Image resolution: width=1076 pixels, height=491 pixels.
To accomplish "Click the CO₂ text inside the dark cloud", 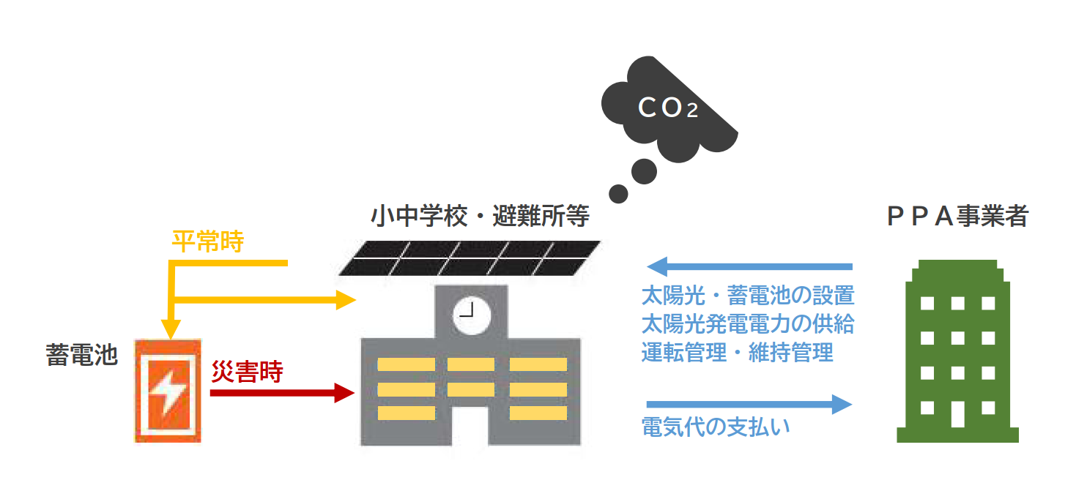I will (667, 108).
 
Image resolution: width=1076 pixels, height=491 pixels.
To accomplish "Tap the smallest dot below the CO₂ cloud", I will (618, 194).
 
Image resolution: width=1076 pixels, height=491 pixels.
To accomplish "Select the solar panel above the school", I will (469, 258).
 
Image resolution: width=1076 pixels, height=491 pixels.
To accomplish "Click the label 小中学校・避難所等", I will (479, 217).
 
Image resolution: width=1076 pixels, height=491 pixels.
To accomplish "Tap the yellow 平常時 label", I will (207, 241).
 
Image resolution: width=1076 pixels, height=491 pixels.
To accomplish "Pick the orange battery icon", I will (168, 391).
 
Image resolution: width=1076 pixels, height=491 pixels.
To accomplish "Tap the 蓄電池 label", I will (81, 356).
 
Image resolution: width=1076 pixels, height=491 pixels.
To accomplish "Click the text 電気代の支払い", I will (716, 427).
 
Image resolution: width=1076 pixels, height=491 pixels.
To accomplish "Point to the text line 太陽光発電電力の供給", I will (747, 323).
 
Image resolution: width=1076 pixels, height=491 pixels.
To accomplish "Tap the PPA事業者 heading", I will (957, 217).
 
